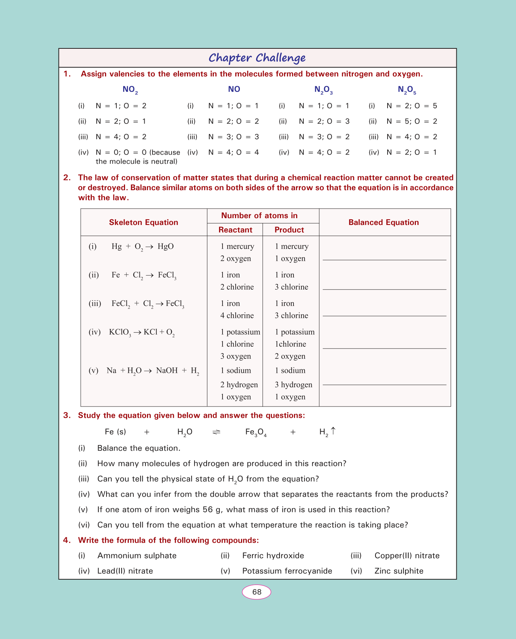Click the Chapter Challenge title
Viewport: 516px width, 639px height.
pyautogui.click(x=257, y=58)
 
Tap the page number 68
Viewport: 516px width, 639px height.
pyautogui.click(x=256, y=592)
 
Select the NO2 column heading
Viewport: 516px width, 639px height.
pyautogui.click(x=130, y=90)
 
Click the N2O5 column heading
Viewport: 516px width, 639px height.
pyautogui.click(x=407, y=90)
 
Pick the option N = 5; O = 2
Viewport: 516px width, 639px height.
pyautogui.click(x=412, y=121)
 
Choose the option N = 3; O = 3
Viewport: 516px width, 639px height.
pyautogui.click(x=233, y=137)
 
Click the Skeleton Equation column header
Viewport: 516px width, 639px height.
pyautogui.click(x=144, y=222)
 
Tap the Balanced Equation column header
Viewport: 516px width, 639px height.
pyautogui.click(x=383, y=222)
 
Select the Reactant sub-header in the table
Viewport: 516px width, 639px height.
pyautogui.click(x=235, y=230)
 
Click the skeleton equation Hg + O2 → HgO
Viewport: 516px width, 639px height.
pyautogui.click(x=142, y=247)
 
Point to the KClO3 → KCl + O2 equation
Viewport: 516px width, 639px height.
pyautogui.click(x=142, y=333)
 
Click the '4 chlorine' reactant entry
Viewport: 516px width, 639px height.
pyautogui.click(x=237, y=315)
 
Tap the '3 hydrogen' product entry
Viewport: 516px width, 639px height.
pyautogui.click(x=294, y=385)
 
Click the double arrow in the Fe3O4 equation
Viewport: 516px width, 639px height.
pyautogui.click(x=216, y=432)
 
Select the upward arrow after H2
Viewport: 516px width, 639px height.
pyautogui.click(x=333, y=431)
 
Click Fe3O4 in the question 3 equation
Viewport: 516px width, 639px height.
pyautogui.click(x=256, y=432)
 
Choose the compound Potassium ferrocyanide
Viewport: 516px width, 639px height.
pyautogui.click(x=287, y=571)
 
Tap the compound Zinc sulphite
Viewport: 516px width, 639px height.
pyautogui.click(x=399, y=571)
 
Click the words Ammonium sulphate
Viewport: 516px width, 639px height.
pyautogui.click(x=137, y=555)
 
